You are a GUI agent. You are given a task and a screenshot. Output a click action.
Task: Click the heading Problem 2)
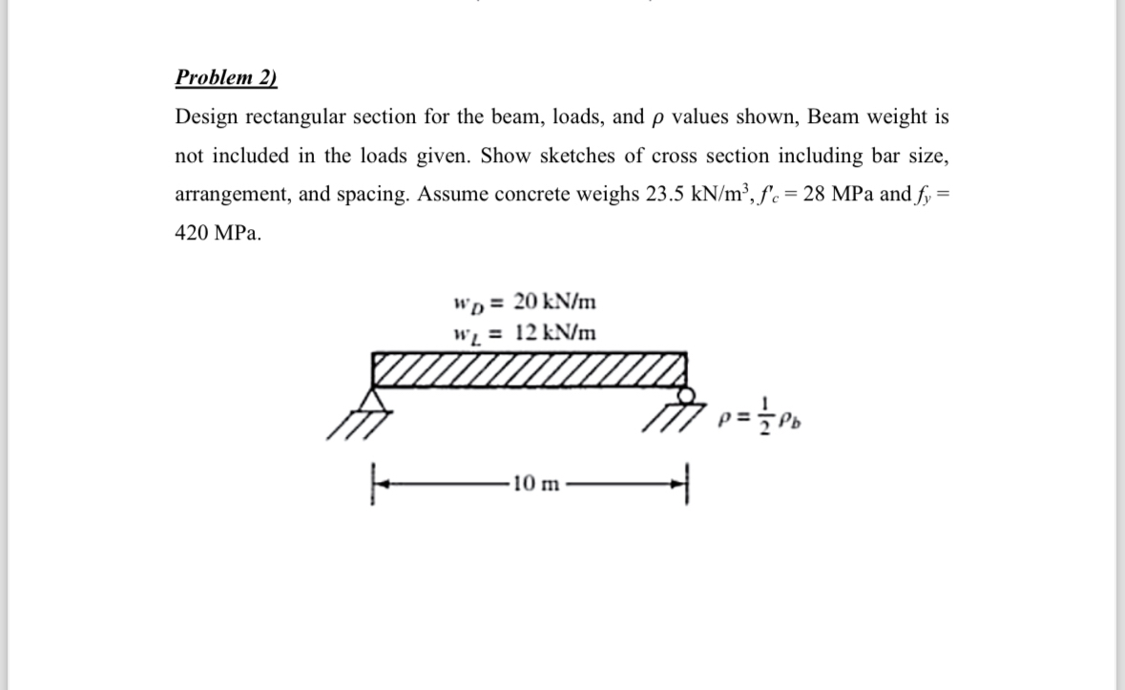[226, 77]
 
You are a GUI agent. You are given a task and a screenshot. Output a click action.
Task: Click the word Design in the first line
[205, 117]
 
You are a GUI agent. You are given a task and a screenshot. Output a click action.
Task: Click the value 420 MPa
[216, 234]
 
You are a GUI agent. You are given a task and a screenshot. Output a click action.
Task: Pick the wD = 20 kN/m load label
[524, 303]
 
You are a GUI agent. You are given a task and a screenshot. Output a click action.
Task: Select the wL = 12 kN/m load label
[524, 332]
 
